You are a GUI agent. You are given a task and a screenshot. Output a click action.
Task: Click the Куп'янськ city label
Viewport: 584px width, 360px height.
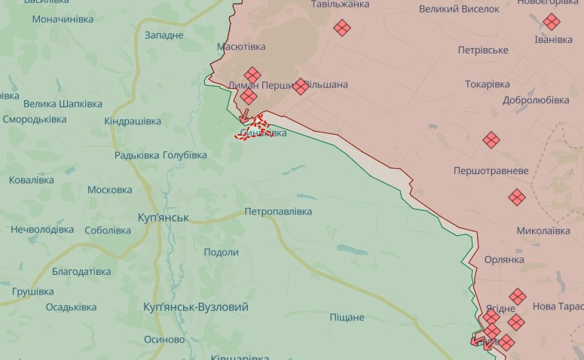pos(164,218)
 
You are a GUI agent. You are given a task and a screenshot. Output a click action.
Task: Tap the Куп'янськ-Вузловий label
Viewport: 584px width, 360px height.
pos(196,307)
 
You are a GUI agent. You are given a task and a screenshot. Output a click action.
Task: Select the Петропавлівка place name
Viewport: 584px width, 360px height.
pos(278,212)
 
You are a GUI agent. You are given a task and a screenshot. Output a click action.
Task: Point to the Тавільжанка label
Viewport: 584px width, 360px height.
pos(341,5)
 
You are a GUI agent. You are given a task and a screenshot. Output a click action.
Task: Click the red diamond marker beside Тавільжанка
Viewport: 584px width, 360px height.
pos(342,28)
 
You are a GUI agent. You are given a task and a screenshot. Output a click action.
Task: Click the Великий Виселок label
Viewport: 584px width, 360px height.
pos(459,9)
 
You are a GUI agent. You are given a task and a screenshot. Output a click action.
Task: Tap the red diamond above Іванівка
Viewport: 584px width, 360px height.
pos(552,22)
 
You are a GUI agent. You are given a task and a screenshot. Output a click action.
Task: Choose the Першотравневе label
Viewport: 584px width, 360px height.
pos(491,171)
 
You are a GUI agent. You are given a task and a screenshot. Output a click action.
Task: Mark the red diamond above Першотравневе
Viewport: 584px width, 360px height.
pos(491,140)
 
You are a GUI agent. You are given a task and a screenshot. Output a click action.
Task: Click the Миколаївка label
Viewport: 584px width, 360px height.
pos(543,230)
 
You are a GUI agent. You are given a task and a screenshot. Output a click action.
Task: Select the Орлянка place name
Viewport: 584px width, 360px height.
pos(504,260)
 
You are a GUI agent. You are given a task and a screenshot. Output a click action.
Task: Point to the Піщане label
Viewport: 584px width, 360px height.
pos(347,317)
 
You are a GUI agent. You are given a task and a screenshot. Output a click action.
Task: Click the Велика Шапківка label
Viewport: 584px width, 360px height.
pos(52,104)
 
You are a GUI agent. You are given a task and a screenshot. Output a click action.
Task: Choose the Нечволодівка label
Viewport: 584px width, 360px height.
pos(42,229)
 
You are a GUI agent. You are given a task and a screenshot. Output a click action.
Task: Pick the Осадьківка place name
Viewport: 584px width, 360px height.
pos(71,307)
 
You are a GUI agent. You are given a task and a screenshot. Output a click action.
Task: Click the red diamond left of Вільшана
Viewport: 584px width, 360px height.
pos(301,87)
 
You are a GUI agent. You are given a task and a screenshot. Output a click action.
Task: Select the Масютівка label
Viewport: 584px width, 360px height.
pos(241,47)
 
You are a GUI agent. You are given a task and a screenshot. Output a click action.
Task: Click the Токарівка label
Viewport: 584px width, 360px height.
pos(487,84)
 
